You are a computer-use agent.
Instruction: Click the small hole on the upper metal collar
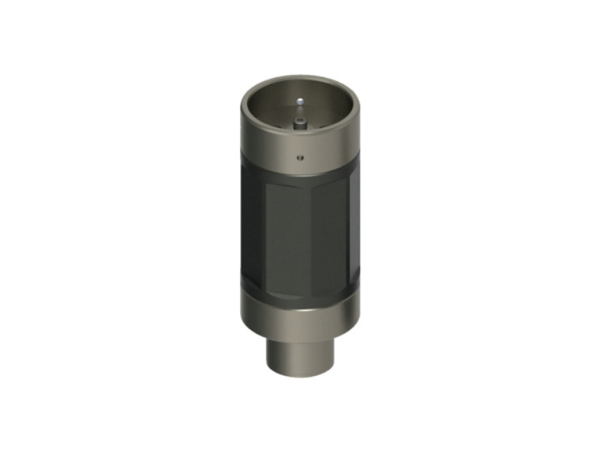coord(300,156)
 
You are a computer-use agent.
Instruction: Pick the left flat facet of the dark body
coord(253,231)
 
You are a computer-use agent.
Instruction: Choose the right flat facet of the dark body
coord(354,231)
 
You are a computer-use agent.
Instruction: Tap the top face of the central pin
coord(300,120)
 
